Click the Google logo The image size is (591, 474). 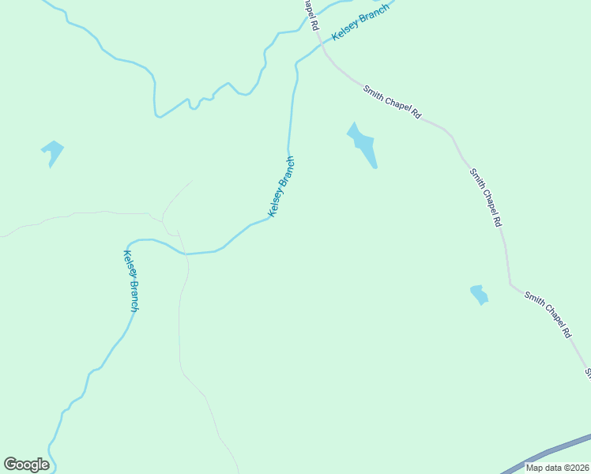click(26, 465)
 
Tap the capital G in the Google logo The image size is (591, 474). click(10, 465)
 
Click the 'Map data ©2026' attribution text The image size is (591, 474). click(556, 468)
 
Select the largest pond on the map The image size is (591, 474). click(363, 144)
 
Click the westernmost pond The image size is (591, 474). click(52, 152)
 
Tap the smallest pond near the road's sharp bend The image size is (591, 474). click(479, 295)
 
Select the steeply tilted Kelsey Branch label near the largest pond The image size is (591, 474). click(282, 186)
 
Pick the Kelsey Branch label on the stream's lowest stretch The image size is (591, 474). click(131, 280)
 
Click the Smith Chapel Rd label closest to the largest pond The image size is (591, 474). click(392, 102)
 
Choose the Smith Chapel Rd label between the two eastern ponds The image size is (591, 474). click(485, 197)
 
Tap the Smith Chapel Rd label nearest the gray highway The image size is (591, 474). click(548, 314)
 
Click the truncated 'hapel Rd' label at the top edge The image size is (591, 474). click(310, 15)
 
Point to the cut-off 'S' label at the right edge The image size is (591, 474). click(587, 371)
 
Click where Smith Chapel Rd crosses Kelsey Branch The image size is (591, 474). click(322, 46)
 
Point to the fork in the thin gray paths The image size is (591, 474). click(163, 215)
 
